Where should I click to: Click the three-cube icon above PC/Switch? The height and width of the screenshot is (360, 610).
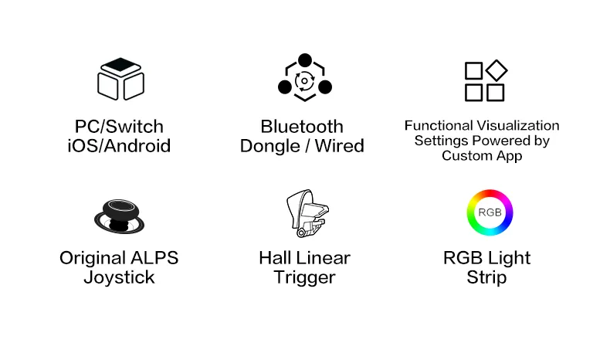tap(120, 79)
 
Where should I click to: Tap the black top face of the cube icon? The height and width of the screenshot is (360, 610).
tap(120, 65)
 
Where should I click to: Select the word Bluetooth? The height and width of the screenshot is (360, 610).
tap(302, 127)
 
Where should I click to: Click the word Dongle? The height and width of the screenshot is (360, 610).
tap(269, 147)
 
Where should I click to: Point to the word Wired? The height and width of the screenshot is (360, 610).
tap(339, 146)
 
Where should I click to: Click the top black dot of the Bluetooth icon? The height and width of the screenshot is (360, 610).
tap(305, 60)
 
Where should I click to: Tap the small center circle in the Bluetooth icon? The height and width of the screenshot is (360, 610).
tap(304, 81)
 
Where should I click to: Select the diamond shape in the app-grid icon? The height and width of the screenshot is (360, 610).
tap(496, 71)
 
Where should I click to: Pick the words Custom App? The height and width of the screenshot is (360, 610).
tap(482, 156)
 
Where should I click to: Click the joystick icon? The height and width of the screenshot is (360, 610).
tap(119, 216)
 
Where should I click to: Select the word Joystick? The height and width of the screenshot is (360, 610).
tap(119, 278)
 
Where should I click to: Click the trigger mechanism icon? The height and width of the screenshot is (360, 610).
tap(307, 213)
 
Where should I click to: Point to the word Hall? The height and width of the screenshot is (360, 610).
tap(273, 258)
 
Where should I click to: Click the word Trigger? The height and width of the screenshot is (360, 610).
tap(304, 278)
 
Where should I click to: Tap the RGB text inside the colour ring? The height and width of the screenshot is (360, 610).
tap(490, 212)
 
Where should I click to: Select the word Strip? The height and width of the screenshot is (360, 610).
tap(486, 278)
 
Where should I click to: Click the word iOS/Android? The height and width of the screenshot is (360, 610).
tap(119, 146)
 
